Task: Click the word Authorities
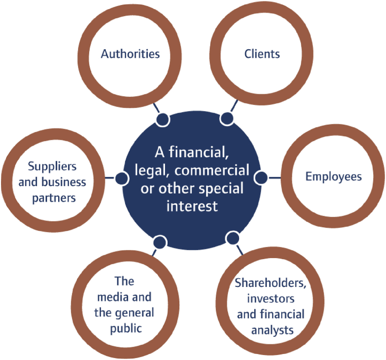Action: click(x=130, y=53)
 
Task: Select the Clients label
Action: click(x=262, y=53)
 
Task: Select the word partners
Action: click(x=52, y=198)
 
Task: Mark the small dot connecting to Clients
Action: click(x=226, y=119)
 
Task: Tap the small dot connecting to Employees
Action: click(x=260, y=177)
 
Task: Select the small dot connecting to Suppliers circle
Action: click(x=121, y=178)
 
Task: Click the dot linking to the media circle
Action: click(x=160, y=242)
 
